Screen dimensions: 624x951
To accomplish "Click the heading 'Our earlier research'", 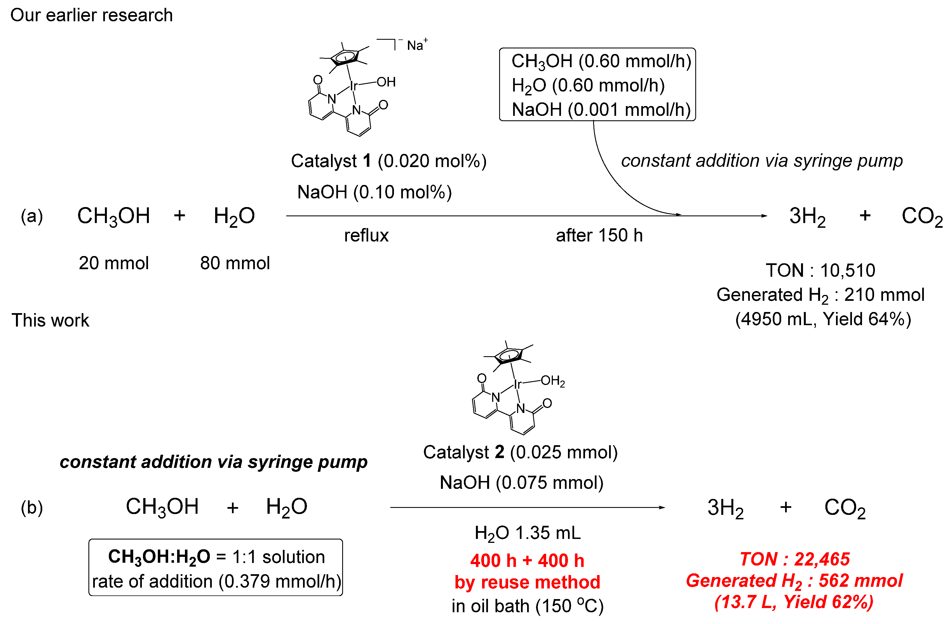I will (91, 15).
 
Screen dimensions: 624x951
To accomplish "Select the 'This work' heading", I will (50, 320).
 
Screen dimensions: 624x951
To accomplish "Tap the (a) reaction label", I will (32, 216).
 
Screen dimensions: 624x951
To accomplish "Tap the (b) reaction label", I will (32, 508).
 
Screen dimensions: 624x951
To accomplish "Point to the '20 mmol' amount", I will (114, 263).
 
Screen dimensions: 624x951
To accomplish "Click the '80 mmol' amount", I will (235, 263).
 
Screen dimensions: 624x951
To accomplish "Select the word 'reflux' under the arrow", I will (367, 235).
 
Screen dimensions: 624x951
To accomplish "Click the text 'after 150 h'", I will (599, 235).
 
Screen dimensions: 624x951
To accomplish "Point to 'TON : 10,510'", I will (821, 271).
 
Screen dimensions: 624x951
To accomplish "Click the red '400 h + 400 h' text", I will (527, 560).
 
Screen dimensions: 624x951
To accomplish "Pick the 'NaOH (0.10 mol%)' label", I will (374, 192).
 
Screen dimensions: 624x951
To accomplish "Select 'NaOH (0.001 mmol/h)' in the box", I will (601, 109).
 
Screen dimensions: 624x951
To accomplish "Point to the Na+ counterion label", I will (417, 45).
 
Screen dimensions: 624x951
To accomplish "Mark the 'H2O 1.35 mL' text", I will (527, 533).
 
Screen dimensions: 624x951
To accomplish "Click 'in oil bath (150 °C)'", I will (527, 606).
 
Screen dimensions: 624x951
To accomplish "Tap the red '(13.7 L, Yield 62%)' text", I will (794, 602).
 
